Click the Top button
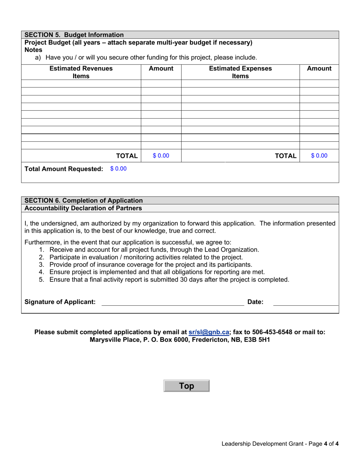(x=186, y=386)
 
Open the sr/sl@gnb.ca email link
(x=209, y=332)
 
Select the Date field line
(x=305, y=302)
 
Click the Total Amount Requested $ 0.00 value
(x=118, y=169)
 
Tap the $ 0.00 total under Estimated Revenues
(x=161, y=156)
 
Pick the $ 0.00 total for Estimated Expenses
(x=319, y=156)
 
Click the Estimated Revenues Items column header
(x=81, y=72)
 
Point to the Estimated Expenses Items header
(x=240, y=72)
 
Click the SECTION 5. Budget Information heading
(x=74, y=35)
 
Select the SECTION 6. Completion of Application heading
(x=83, y=200)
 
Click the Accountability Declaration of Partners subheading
(x=83, y=208)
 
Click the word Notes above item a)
(x=33, y=50)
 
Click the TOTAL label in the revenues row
(x=127, y=156)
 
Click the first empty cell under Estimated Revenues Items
(x=81, y=84)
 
